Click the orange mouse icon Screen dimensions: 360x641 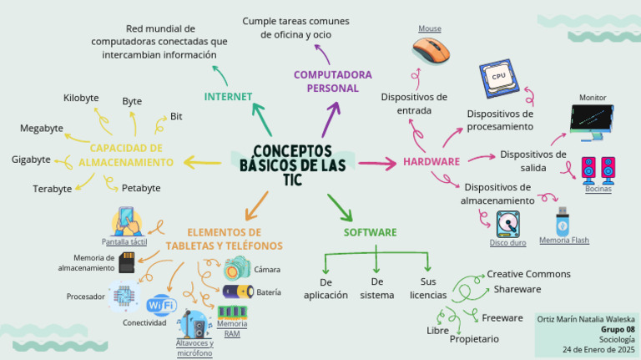click(x=432, y=50)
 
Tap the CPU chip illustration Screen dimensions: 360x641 click(x=499, y=77)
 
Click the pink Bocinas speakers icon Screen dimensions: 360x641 click(x=598, y=169)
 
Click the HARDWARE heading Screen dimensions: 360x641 click(x=432, y=161)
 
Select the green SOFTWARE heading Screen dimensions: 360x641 click(x=370, y=232)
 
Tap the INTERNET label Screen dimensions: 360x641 click(x=228, y=97)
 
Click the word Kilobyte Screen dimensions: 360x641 click(x=81, y=99)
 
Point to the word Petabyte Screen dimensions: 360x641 click(x=141, y=188)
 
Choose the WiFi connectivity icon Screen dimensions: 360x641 click(x=160, y=305)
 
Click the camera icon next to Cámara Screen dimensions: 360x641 click(x=237, y=268)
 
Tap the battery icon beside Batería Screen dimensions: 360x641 click(x=237, y=292)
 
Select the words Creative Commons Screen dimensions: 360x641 click(x=528, y=274)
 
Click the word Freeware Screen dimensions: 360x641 click(x=502, y=317)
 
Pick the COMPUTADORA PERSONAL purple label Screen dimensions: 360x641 click(x=332, y=81)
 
